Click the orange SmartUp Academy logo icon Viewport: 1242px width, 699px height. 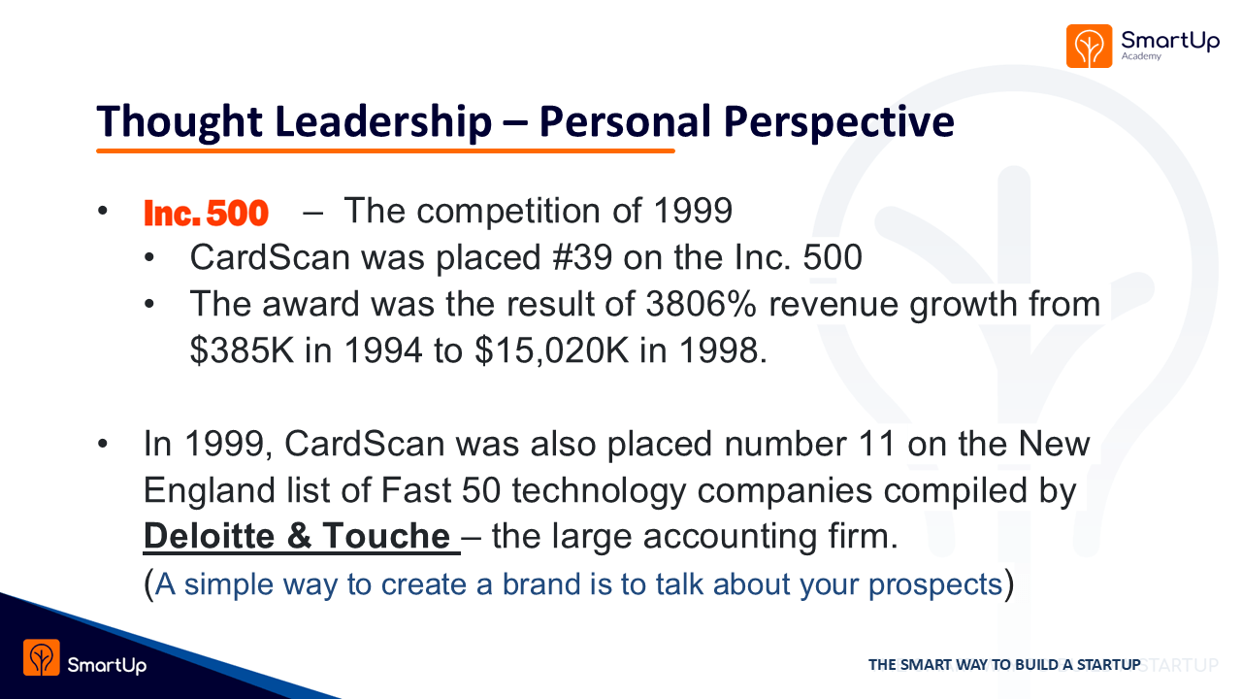pos(1089,46)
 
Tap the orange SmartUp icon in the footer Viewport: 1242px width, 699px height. pos(42,657)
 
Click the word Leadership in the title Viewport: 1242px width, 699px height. pos(383,121)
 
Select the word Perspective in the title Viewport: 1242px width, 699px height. pos(839,122)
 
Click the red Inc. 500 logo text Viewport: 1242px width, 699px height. pos(206,213)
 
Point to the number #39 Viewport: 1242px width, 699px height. pos(582,257)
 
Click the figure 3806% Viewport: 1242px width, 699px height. pos(702,304)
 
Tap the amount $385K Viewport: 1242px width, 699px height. pos(242,350)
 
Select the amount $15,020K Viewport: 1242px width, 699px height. pos(552,350)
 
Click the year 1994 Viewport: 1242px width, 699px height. pos(383,350)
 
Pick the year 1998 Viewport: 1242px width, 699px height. pos(719,350)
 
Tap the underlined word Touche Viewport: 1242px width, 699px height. pos(386,536)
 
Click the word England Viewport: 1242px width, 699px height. pos(209,491)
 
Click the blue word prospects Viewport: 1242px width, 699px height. pos(935,584)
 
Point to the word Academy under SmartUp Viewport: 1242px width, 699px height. pos(1141,56)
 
